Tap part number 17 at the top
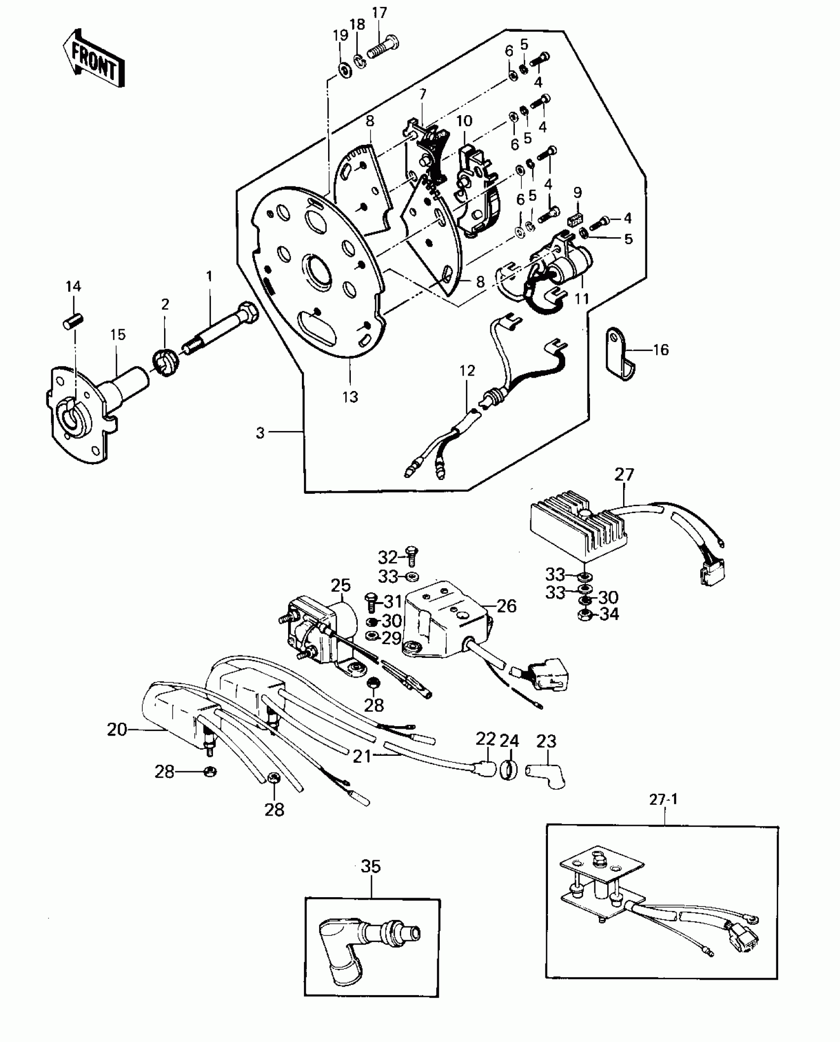pyautogui.click(x=379, y=13)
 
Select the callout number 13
pyautogui.click(x=350, y=396)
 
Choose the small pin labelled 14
pyautogui.click(x=73, y=317)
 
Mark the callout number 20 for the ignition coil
pyautogui.click(x=117, y=730)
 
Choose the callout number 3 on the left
pyautogui.click(x=260, y=433)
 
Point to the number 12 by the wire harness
pyautogui.click(x=467, y=371)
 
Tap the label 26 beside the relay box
pyautogui.click(x=506, y=606)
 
